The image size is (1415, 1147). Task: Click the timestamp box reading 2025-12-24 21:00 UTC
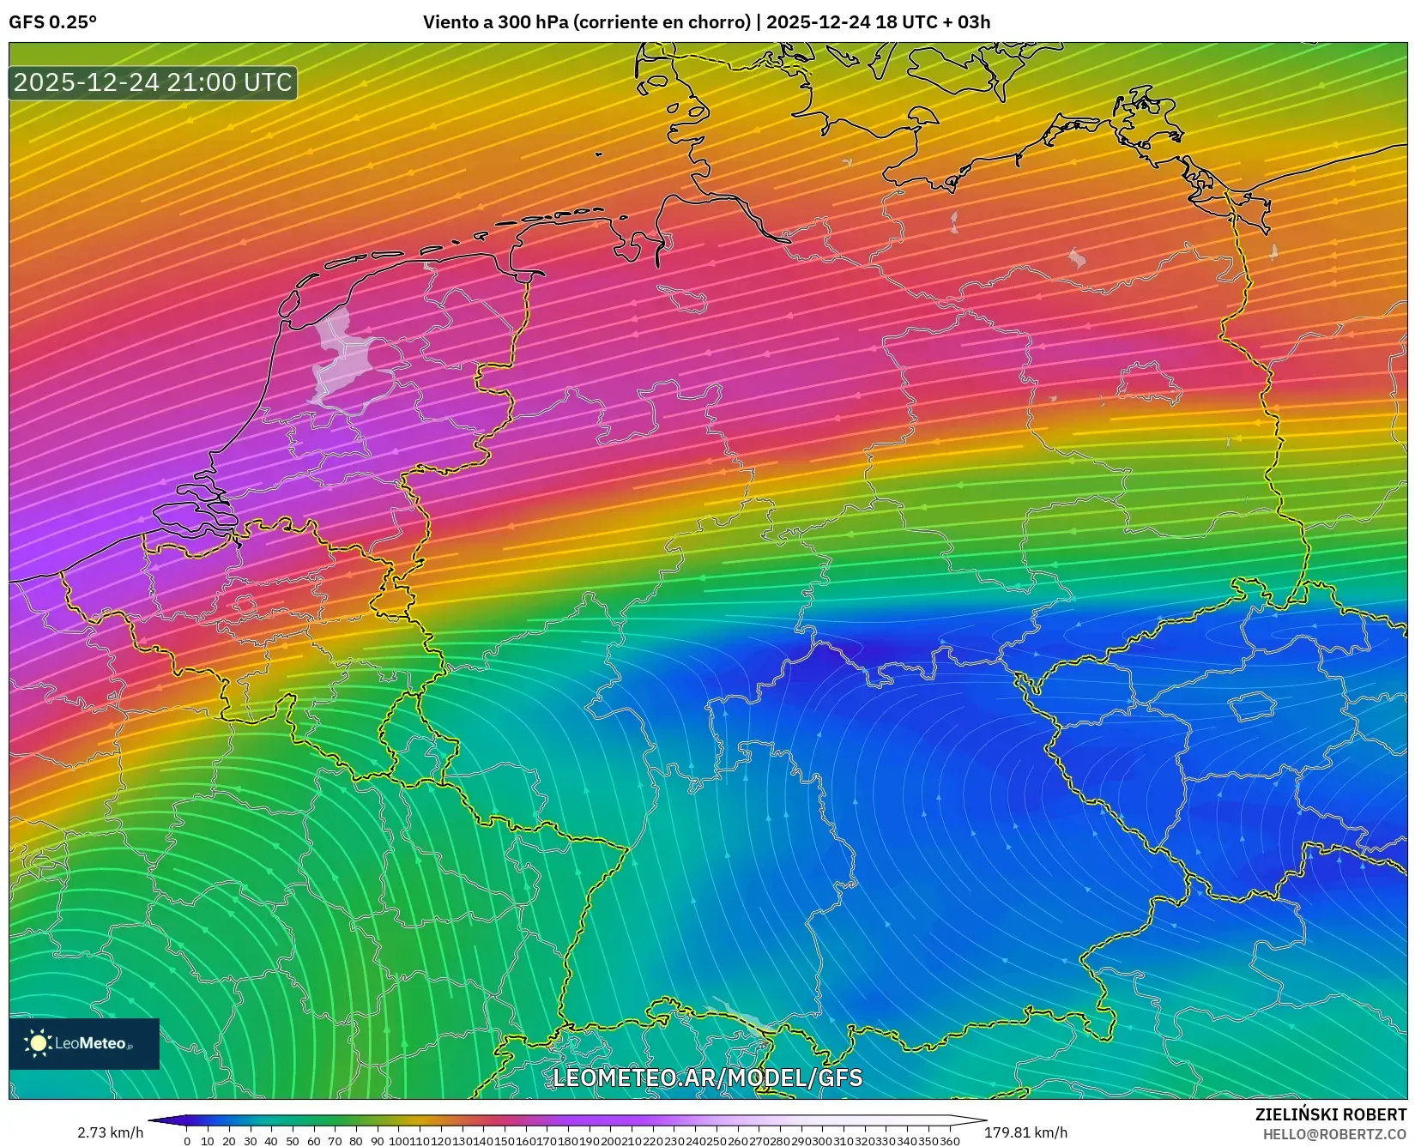pos(153,82)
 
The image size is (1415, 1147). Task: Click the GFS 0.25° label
pos(52,22)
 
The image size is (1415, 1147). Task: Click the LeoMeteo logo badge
pos(84,1043)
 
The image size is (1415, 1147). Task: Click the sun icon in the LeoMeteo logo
pos(39,1043)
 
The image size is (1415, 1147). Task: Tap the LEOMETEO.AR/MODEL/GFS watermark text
pos(707,1078)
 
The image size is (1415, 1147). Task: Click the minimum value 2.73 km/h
pos(111,1132)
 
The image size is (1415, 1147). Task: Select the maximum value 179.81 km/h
pos(1025,1132)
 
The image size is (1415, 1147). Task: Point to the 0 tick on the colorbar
pos(187,1141)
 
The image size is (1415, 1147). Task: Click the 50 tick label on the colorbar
pos(292,1141)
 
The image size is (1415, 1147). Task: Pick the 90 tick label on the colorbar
pos(376,1141)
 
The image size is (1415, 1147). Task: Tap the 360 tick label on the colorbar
pos(950,1141)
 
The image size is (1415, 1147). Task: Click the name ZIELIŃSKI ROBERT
pos(1331,1115)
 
